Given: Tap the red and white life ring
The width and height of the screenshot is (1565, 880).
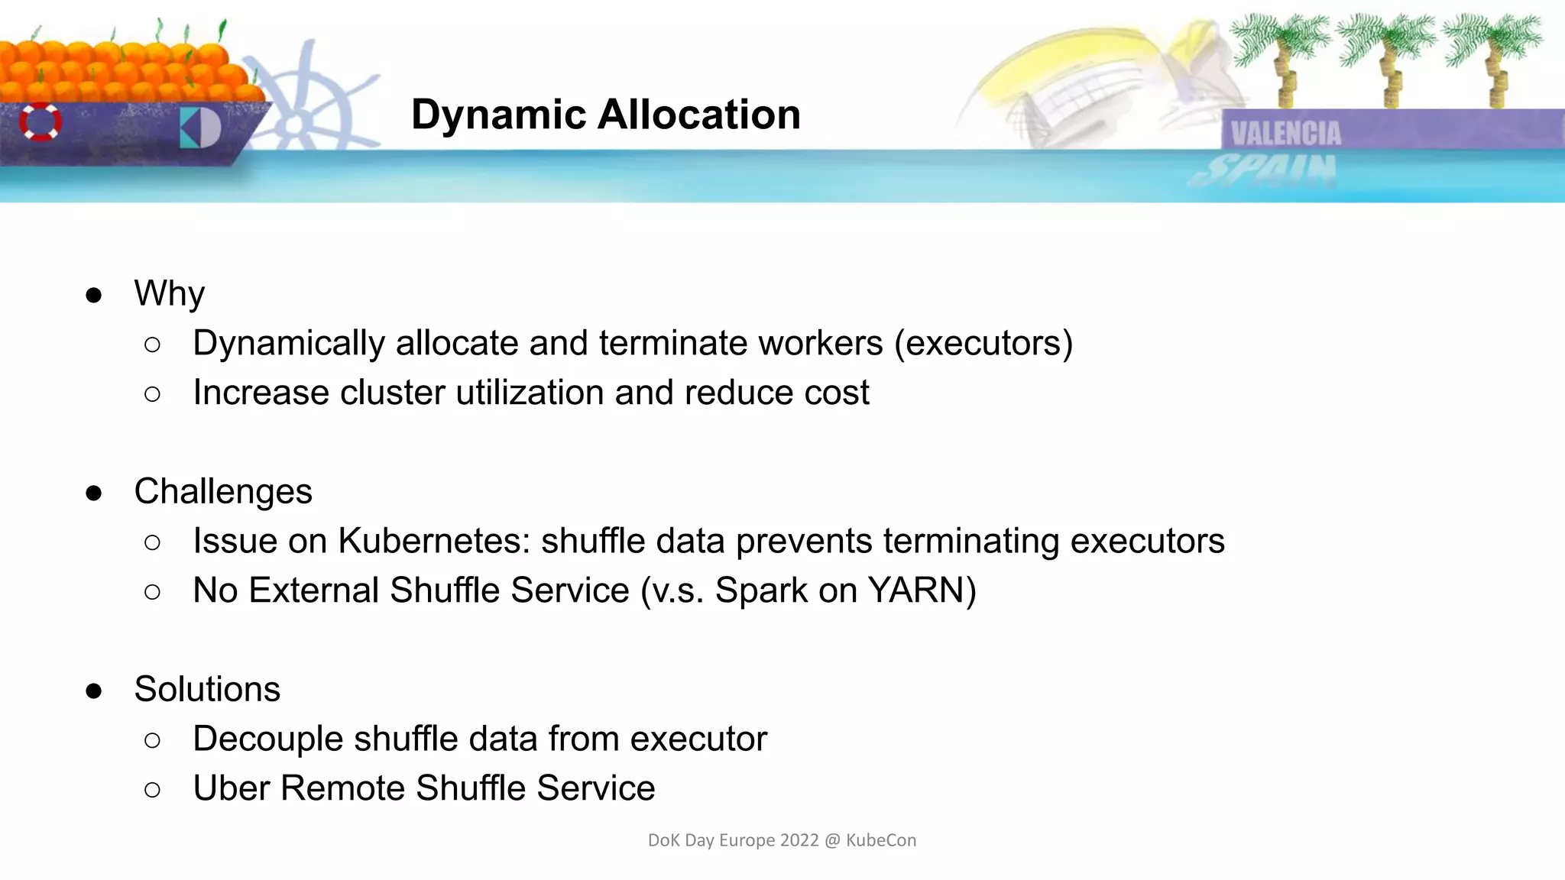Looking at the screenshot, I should tap(40, 121).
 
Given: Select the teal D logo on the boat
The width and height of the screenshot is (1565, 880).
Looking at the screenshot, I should tap(200, 128).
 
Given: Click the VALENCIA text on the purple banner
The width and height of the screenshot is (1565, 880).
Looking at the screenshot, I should tap(1286, 134).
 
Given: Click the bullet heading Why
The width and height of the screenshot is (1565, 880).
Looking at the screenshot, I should tap(169, 294).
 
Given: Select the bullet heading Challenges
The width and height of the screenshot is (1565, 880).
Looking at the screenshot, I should tap(223, 491).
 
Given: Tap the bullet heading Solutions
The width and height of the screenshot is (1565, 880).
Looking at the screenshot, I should tap(207, 689).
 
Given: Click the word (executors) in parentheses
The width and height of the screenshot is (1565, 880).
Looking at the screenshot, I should tap(983, 343).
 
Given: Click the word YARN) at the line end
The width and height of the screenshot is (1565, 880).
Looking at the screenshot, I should tap(922, 590).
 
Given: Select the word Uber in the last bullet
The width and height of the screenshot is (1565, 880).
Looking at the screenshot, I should tap(231, 788).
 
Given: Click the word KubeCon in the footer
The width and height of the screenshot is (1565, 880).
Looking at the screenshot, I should tap(881, 840).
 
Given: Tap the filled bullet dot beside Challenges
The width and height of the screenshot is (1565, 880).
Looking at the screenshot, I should tap(94, 493).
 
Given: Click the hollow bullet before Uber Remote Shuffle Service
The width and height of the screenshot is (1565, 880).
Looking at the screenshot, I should tap(152, 790).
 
